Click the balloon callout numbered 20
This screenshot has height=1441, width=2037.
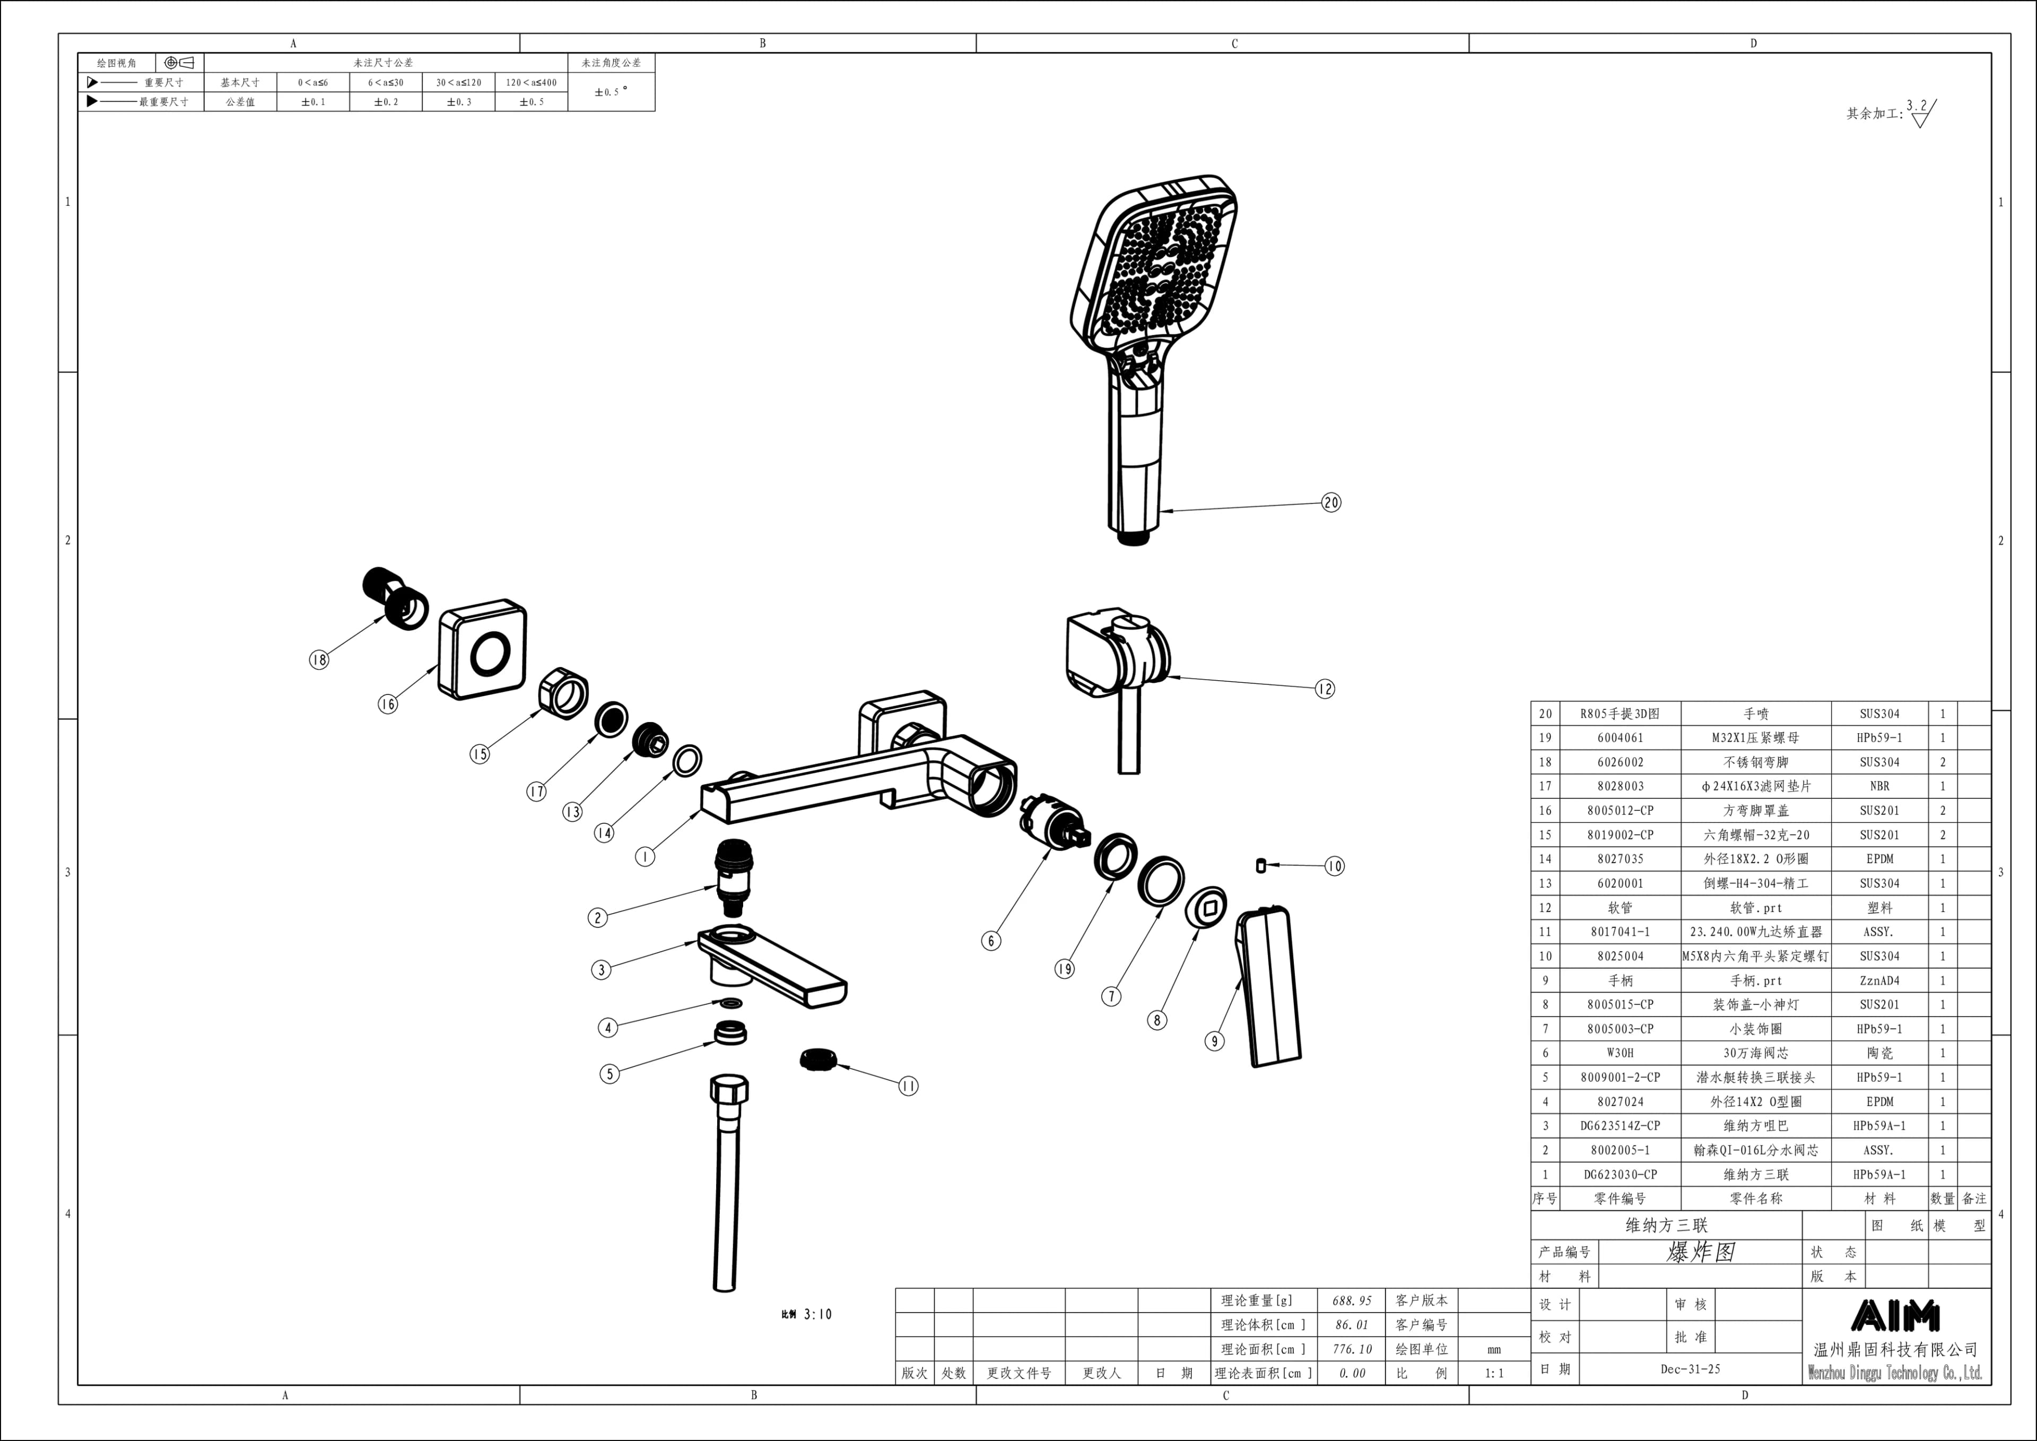click(1331, 502)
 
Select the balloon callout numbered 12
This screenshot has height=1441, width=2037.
click(1325, 689)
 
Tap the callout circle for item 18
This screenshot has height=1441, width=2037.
click(318, 659)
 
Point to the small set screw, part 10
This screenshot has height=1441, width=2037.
click(1261, 865)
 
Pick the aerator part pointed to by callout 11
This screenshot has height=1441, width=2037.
click(816, 1060)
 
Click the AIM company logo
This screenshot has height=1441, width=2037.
click(1895, 1316)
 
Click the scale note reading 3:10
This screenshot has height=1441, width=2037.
click(817, 1314)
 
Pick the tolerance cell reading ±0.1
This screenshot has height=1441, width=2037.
click(312, 102)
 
